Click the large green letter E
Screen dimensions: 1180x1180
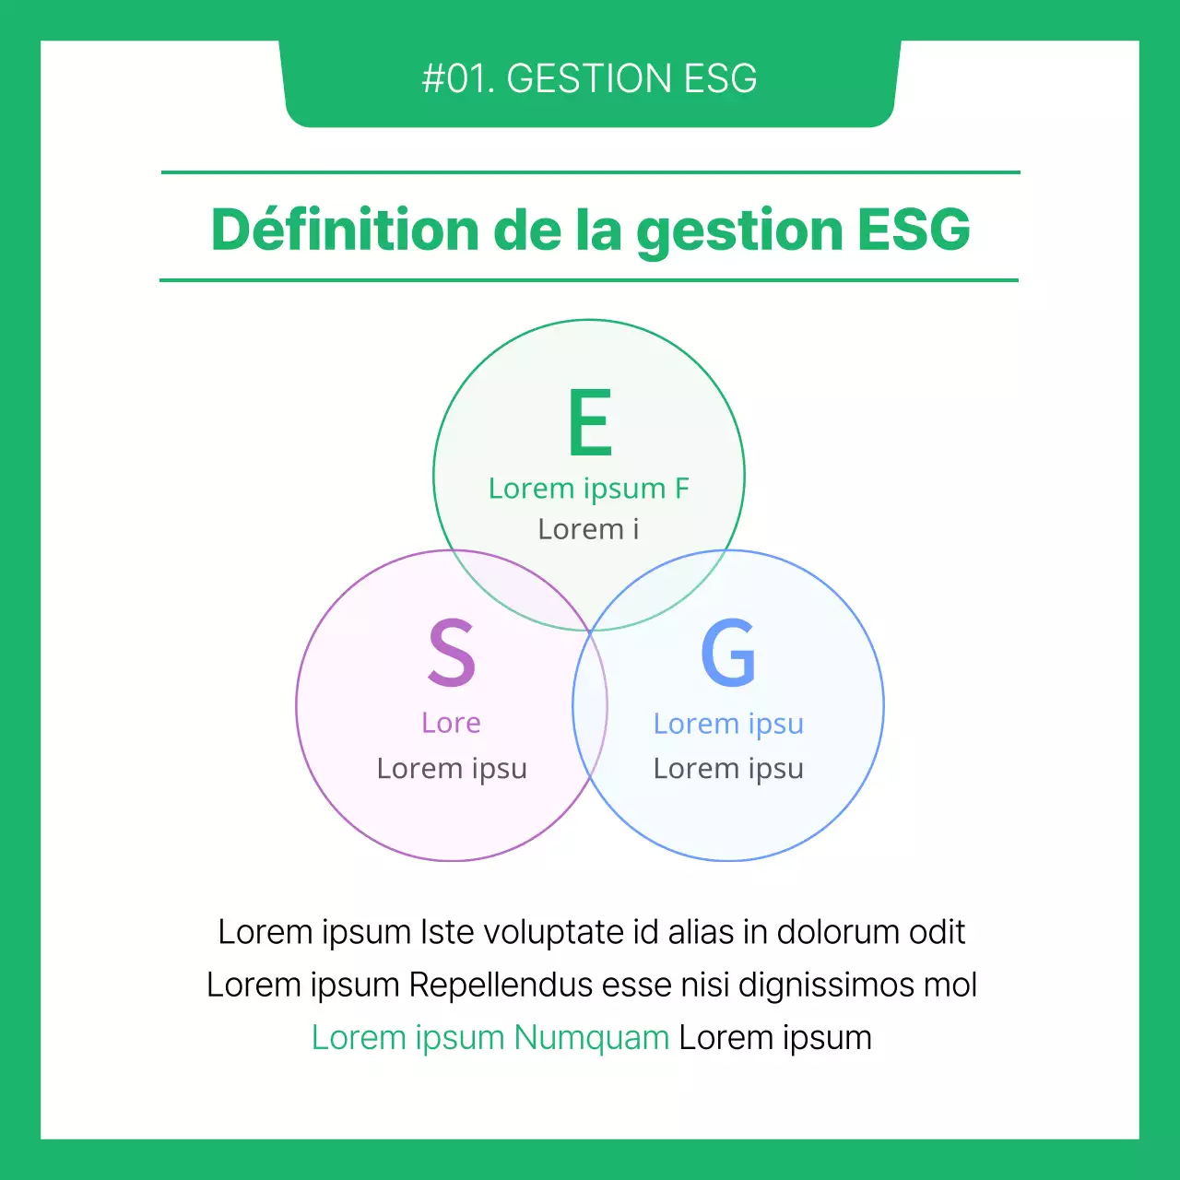[590, 422]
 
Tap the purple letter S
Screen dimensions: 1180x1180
[452, 653]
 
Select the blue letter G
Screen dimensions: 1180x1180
[728, 653]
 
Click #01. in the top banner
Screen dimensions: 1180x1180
[458, 79]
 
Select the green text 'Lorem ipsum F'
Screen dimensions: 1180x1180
[588, 488]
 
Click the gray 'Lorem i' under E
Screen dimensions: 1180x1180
[588, 529]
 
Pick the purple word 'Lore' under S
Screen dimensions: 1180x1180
[451, 723]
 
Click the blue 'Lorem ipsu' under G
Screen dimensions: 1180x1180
[728, 724]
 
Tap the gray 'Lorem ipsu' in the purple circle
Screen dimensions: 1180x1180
[452, 768]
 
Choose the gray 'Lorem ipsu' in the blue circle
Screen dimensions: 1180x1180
[728, 768]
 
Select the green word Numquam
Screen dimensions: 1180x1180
[591, 1037]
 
